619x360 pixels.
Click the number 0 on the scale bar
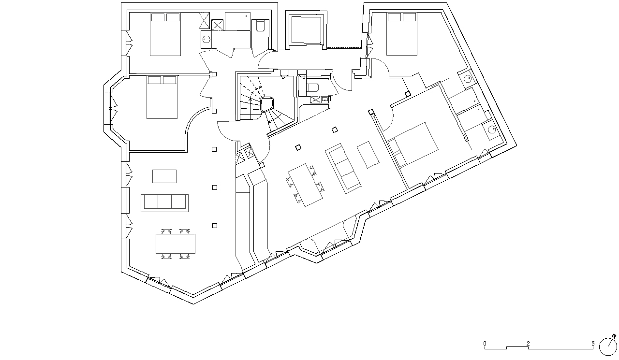pos(485,344)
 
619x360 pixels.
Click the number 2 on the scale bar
pos(528,344)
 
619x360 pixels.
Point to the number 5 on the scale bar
pos(593,344)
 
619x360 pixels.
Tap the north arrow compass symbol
pos(608,346)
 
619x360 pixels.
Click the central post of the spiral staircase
pos(267,104)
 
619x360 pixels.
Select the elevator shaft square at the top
pos(307,30)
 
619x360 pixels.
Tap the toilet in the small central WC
pos(312,88)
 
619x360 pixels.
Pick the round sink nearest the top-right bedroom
pos(468,79)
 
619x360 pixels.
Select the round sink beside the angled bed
pos(492,129)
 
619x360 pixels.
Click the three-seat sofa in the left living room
pos(165,203)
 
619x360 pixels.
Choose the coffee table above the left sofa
pos(164,176)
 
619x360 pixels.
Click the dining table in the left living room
pos(176,244)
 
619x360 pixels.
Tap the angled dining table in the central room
pos(305,185)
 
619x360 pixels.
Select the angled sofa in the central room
pos(343,168)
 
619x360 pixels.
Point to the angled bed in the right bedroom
pos(413,145)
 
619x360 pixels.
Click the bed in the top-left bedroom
pos(165,34)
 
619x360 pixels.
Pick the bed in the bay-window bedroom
pos(162,97)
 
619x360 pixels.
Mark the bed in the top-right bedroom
pos(401,34)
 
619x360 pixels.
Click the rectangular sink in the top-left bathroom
pos(206,39)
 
